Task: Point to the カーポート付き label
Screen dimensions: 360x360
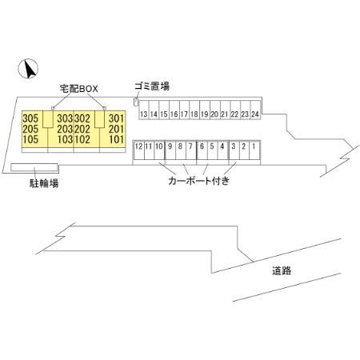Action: pyautogui.click(x=199, y=182)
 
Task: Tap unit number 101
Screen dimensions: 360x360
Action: pyautogui.click(x=116, y=138)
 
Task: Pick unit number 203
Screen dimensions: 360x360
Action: pyautogui.click(x=65, y=128)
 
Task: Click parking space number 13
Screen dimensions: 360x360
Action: pyautogui.click(x=143, y=114)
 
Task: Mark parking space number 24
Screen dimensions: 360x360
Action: pyautogui.click(x=255, y=114)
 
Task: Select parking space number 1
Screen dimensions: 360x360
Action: pyautogui.click(x=254, y=146)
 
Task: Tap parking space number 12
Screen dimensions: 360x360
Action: pyautogui.click(x=138, y=146)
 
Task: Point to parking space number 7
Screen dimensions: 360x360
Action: pyautogui.click(x=190, y=146)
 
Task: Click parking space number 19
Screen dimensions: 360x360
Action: pyautogui.click(x=204, y=114)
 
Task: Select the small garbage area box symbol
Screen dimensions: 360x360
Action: pyautogui.click(x=136, y=101)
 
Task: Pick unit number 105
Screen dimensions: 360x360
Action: pyautogui.click(x=30, y=138)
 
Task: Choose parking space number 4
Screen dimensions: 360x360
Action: pyautogui.click(x=222, y=146)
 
